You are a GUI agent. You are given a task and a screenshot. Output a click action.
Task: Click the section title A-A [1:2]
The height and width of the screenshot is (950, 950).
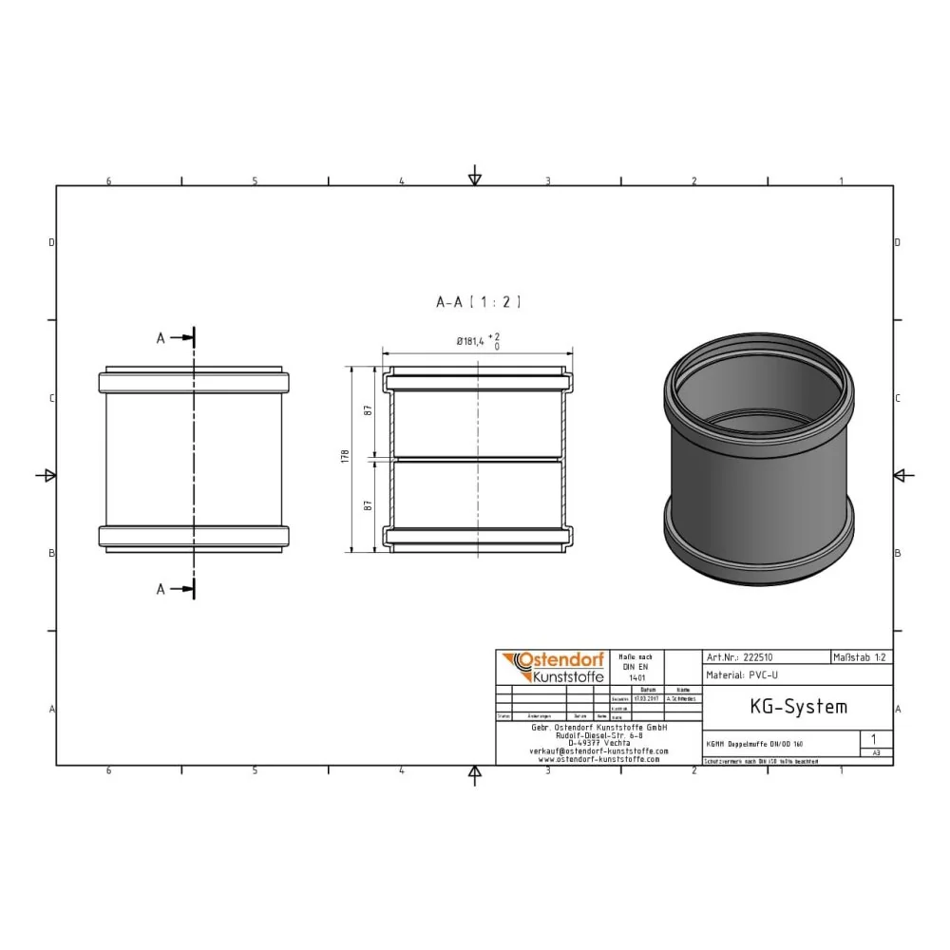point(478,302)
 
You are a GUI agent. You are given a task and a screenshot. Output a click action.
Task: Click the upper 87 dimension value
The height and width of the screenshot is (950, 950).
point(368,410)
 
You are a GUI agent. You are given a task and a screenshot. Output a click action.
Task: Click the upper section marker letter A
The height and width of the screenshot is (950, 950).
point(161,337)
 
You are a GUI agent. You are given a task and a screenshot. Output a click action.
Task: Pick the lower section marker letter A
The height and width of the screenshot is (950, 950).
point(161,589)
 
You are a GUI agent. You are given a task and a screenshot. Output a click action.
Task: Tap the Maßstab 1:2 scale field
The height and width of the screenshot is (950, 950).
point(861,656)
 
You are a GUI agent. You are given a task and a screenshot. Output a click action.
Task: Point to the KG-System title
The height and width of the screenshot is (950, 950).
point(785,707)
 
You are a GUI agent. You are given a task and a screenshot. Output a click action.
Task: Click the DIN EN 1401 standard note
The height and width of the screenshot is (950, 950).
point(636,667)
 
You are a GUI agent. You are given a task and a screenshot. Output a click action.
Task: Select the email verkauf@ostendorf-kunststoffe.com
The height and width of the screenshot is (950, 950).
point(598,750)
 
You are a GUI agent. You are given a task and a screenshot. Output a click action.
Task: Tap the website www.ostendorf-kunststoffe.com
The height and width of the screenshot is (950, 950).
point(598,759)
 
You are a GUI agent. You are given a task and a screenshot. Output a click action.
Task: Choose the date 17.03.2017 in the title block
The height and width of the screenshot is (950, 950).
point(646,698)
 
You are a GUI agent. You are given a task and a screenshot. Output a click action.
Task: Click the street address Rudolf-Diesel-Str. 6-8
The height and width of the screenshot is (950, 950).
point(598,734)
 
